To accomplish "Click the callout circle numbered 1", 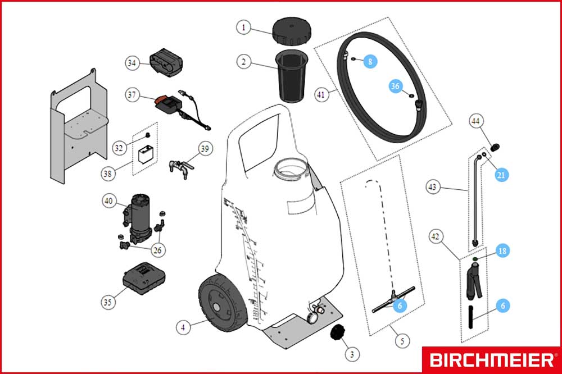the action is [x=244, y=27].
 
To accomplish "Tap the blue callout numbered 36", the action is [x=395, y=86].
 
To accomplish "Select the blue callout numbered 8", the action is [x=370, y=61].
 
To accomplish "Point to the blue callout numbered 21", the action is [x=501, y=175].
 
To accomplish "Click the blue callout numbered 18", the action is [x=502, y=251].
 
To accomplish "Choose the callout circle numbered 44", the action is [x=475, y=121].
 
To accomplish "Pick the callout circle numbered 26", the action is [x=158, y=250].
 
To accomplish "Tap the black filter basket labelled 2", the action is [x=291, y=76].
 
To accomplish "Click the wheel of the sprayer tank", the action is [x=223, y=303].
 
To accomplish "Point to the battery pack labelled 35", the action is [x=144, y=278].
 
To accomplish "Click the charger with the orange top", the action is [x=168, y=104].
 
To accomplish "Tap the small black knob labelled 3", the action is [x=338, y=333].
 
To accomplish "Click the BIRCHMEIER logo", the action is [x=491, y=359].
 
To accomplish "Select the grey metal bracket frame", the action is [x=79, y=126].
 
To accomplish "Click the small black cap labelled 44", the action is [x=495, y=147].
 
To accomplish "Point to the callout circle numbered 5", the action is [x=402, y=340].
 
